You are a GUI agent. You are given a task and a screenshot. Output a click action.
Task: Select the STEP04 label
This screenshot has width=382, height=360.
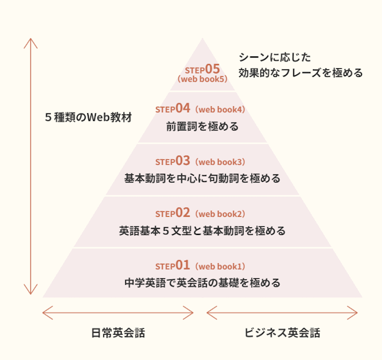173,109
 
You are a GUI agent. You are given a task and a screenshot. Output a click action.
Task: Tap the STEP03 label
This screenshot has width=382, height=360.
173,161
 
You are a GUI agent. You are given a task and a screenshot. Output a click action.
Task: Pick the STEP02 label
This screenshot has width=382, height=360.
173,213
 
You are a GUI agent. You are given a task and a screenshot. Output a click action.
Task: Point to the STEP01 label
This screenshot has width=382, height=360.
173,265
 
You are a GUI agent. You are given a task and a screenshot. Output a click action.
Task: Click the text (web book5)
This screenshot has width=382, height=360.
202,80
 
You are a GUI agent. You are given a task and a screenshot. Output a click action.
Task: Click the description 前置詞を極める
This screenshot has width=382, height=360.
202,126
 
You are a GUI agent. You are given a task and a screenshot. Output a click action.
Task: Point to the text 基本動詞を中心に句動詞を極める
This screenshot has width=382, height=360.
202,178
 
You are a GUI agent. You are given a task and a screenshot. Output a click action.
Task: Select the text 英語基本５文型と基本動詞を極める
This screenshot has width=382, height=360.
202,230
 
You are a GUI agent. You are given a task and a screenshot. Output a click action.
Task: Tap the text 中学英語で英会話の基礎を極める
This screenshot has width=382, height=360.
202,282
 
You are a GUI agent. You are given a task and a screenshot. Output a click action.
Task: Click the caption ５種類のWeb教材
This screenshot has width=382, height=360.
88,117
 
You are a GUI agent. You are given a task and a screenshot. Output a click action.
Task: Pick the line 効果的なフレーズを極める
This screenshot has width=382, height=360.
300,73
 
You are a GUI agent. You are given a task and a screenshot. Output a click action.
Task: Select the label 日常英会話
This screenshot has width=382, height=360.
118,333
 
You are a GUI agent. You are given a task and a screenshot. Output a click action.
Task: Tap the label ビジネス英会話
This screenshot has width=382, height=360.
282,333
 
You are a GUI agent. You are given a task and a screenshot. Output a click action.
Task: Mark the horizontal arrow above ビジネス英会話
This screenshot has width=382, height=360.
282,311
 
